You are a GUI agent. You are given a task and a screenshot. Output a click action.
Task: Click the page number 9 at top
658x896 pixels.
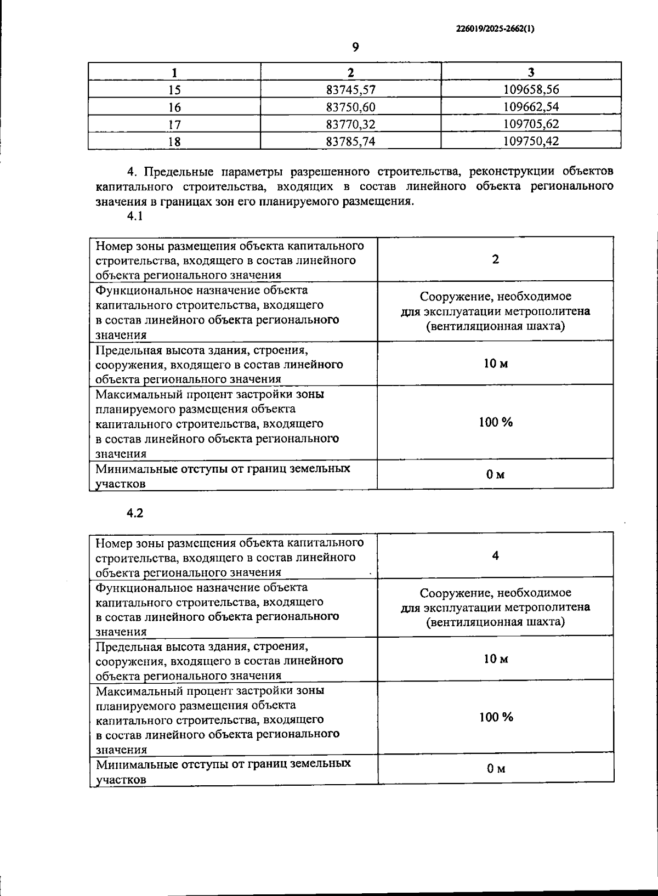(x=355, y=48)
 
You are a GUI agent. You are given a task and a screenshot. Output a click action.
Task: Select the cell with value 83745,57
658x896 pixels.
(x=350, y=89)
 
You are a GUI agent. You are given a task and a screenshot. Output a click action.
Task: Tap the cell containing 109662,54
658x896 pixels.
(x=531, y=106)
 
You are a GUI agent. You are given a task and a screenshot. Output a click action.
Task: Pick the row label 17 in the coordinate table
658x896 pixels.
(x=174, y=124)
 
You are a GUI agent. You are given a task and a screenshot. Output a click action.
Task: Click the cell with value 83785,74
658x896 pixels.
(x=350, y=141)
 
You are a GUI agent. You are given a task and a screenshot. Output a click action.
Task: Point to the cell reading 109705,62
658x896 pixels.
(x=531, y=124)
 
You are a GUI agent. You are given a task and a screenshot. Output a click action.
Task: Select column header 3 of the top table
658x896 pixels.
(x=531, y=72)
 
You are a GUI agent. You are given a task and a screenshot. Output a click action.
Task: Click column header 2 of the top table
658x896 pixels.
(x=351, y=72)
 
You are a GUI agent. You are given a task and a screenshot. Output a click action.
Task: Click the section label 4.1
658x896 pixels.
(x=135, y=216)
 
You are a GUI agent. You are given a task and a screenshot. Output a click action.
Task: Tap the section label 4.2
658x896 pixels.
(x=135, y=513)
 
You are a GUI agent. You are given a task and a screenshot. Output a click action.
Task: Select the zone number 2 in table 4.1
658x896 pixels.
(x=496, y=259)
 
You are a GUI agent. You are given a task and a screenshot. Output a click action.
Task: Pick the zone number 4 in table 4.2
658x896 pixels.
(x=496, y=555)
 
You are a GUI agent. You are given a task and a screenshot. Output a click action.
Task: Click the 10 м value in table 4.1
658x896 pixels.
(x=496, y=364)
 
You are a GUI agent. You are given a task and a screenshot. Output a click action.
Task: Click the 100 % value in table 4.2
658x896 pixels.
(x=496, y=717)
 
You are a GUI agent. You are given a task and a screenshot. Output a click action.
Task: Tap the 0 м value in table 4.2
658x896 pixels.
(x=496, y=769)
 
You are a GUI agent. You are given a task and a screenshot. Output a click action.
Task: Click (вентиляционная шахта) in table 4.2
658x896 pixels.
(x=496, y=622)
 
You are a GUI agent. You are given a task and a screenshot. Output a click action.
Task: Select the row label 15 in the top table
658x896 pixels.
(x=174, y=90)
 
